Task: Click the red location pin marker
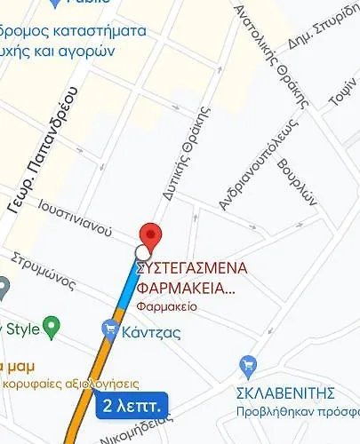pos(152,236)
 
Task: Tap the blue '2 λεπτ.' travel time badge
pos(131,407)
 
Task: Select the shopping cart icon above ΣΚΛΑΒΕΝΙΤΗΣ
pos(249,365)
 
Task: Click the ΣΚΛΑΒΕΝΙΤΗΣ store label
pos(284,392)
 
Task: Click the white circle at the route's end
pos(142,252)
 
